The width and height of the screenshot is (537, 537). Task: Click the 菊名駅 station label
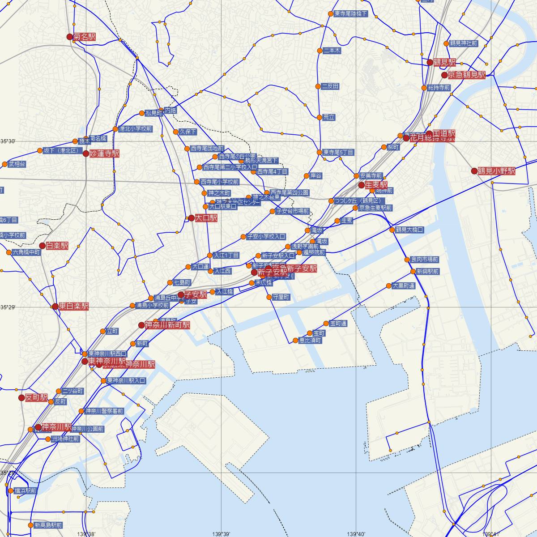(x=85, y=37)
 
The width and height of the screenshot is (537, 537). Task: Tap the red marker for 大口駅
(x=191, y=218)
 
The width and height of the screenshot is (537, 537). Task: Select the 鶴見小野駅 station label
(x=496, y=171)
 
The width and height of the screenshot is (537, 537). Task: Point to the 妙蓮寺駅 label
(x=104, y=153)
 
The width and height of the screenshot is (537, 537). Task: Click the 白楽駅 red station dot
(x=43, y=246)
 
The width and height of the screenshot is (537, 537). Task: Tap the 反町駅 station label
(x=36, y=397)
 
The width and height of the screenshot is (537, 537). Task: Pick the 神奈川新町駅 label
(x=167, y=325)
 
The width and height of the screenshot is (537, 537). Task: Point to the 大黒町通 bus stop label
(x=403, y=286)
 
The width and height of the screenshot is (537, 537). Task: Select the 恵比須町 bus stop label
(x=310, y=340)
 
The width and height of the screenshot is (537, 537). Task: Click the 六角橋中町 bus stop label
(x=26, y=252)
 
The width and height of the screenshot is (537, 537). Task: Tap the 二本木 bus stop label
(x=332, y=51)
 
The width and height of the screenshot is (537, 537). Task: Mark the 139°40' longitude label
(x=356, y=533)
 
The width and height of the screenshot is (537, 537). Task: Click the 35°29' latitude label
(x=8, y=307)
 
